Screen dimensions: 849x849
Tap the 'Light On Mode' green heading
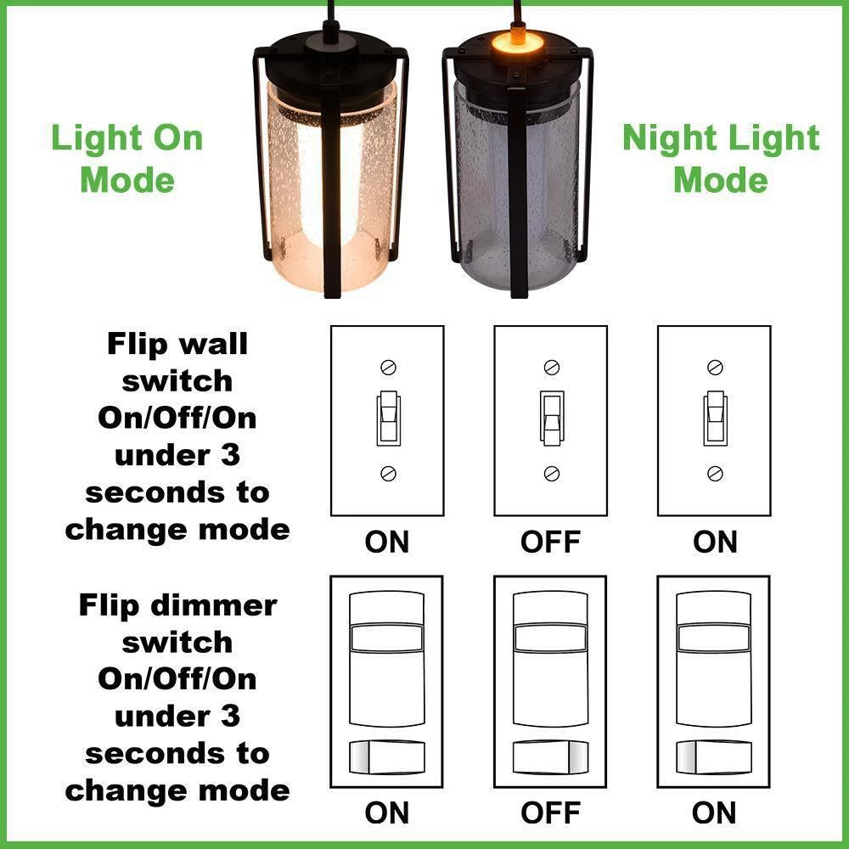coord(127,158)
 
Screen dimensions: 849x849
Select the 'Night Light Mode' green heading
coord(721,158)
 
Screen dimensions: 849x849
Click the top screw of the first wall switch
coord(388,367)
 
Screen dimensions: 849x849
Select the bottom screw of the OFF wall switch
coord(552,474)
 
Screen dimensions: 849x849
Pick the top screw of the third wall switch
coord(715,367)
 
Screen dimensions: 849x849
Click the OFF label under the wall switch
coord(551,542)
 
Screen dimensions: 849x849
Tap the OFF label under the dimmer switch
coord(551,812)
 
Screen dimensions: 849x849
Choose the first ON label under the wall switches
coord(386,542)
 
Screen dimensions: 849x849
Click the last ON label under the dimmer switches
coord(714,812)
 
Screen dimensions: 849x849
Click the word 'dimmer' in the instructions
coord(214,605)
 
